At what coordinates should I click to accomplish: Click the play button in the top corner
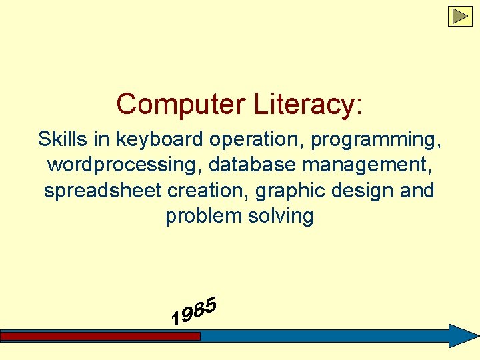point(459,16)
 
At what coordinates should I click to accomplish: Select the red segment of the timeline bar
point(100,337)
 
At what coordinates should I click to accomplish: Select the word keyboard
point(161,139)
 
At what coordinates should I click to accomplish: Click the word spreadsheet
point(103,191)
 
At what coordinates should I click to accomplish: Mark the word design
point(363,191)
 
